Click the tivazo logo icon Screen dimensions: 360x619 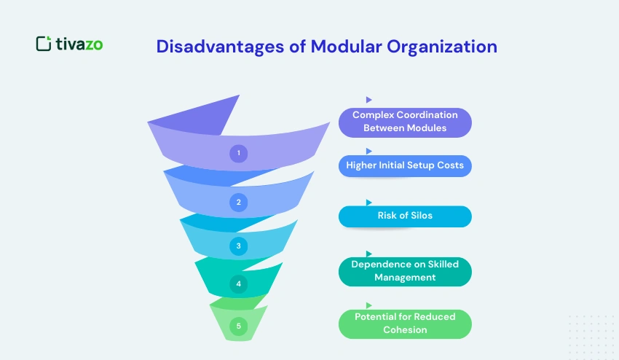click(44, 44)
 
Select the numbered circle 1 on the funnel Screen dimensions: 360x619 click(238, 153)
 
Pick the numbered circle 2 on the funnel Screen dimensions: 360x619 click(238, 202)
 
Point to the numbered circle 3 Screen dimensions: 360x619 click(238, 246)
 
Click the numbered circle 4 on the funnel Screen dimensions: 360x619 click(238, 283)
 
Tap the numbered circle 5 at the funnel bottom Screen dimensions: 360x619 click(238, 326)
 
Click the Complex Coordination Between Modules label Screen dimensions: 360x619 click(405, 122)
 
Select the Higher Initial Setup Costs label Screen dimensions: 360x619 click(405, 165)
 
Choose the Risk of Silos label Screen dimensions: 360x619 click(405, 216)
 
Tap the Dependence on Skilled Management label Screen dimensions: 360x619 click(405, 270)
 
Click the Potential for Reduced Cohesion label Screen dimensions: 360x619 click(405, 323)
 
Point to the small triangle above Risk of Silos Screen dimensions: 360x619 click(369, 202)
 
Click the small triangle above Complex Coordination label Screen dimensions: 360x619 click(369, 99)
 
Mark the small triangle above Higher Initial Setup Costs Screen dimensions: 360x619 click(369, 151)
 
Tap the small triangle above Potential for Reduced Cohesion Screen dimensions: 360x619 click(369, 305)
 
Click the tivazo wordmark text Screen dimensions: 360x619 click(79, 44)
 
